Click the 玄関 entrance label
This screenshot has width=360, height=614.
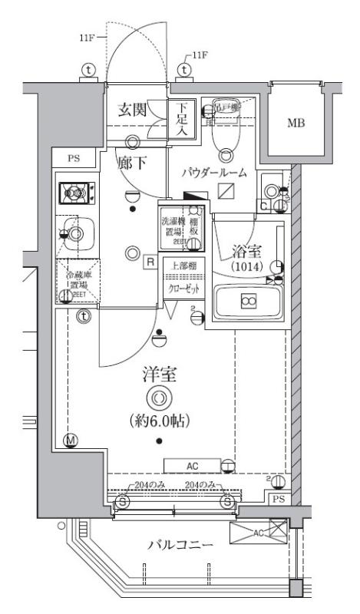pyautogui.click(x=132, y=110)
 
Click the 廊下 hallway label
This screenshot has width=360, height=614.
pyautogui.click(x=131, y=163)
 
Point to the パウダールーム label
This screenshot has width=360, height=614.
pyautogui.click(x=214, y=173)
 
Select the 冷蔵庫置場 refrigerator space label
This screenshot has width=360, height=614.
pyautogui.click(x=76, y=280)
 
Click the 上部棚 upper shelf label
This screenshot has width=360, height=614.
pyautogui.click(x=181, y=266)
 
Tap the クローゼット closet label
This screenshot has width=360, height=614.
pyautogui.click(x=181, y=289)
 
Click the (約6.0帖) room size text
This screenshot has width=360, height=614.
pyautogui.click(x=158, y=421)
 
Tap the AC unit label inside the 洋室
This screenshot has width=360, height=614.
pyautogui.click(x=191, y=465)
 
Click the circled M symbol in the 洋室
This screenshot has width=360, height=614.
pyautogui.click(x=71, y=440)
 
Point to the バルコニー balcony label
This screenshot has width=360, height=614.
pyautogui.click(x=180, y=545)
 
